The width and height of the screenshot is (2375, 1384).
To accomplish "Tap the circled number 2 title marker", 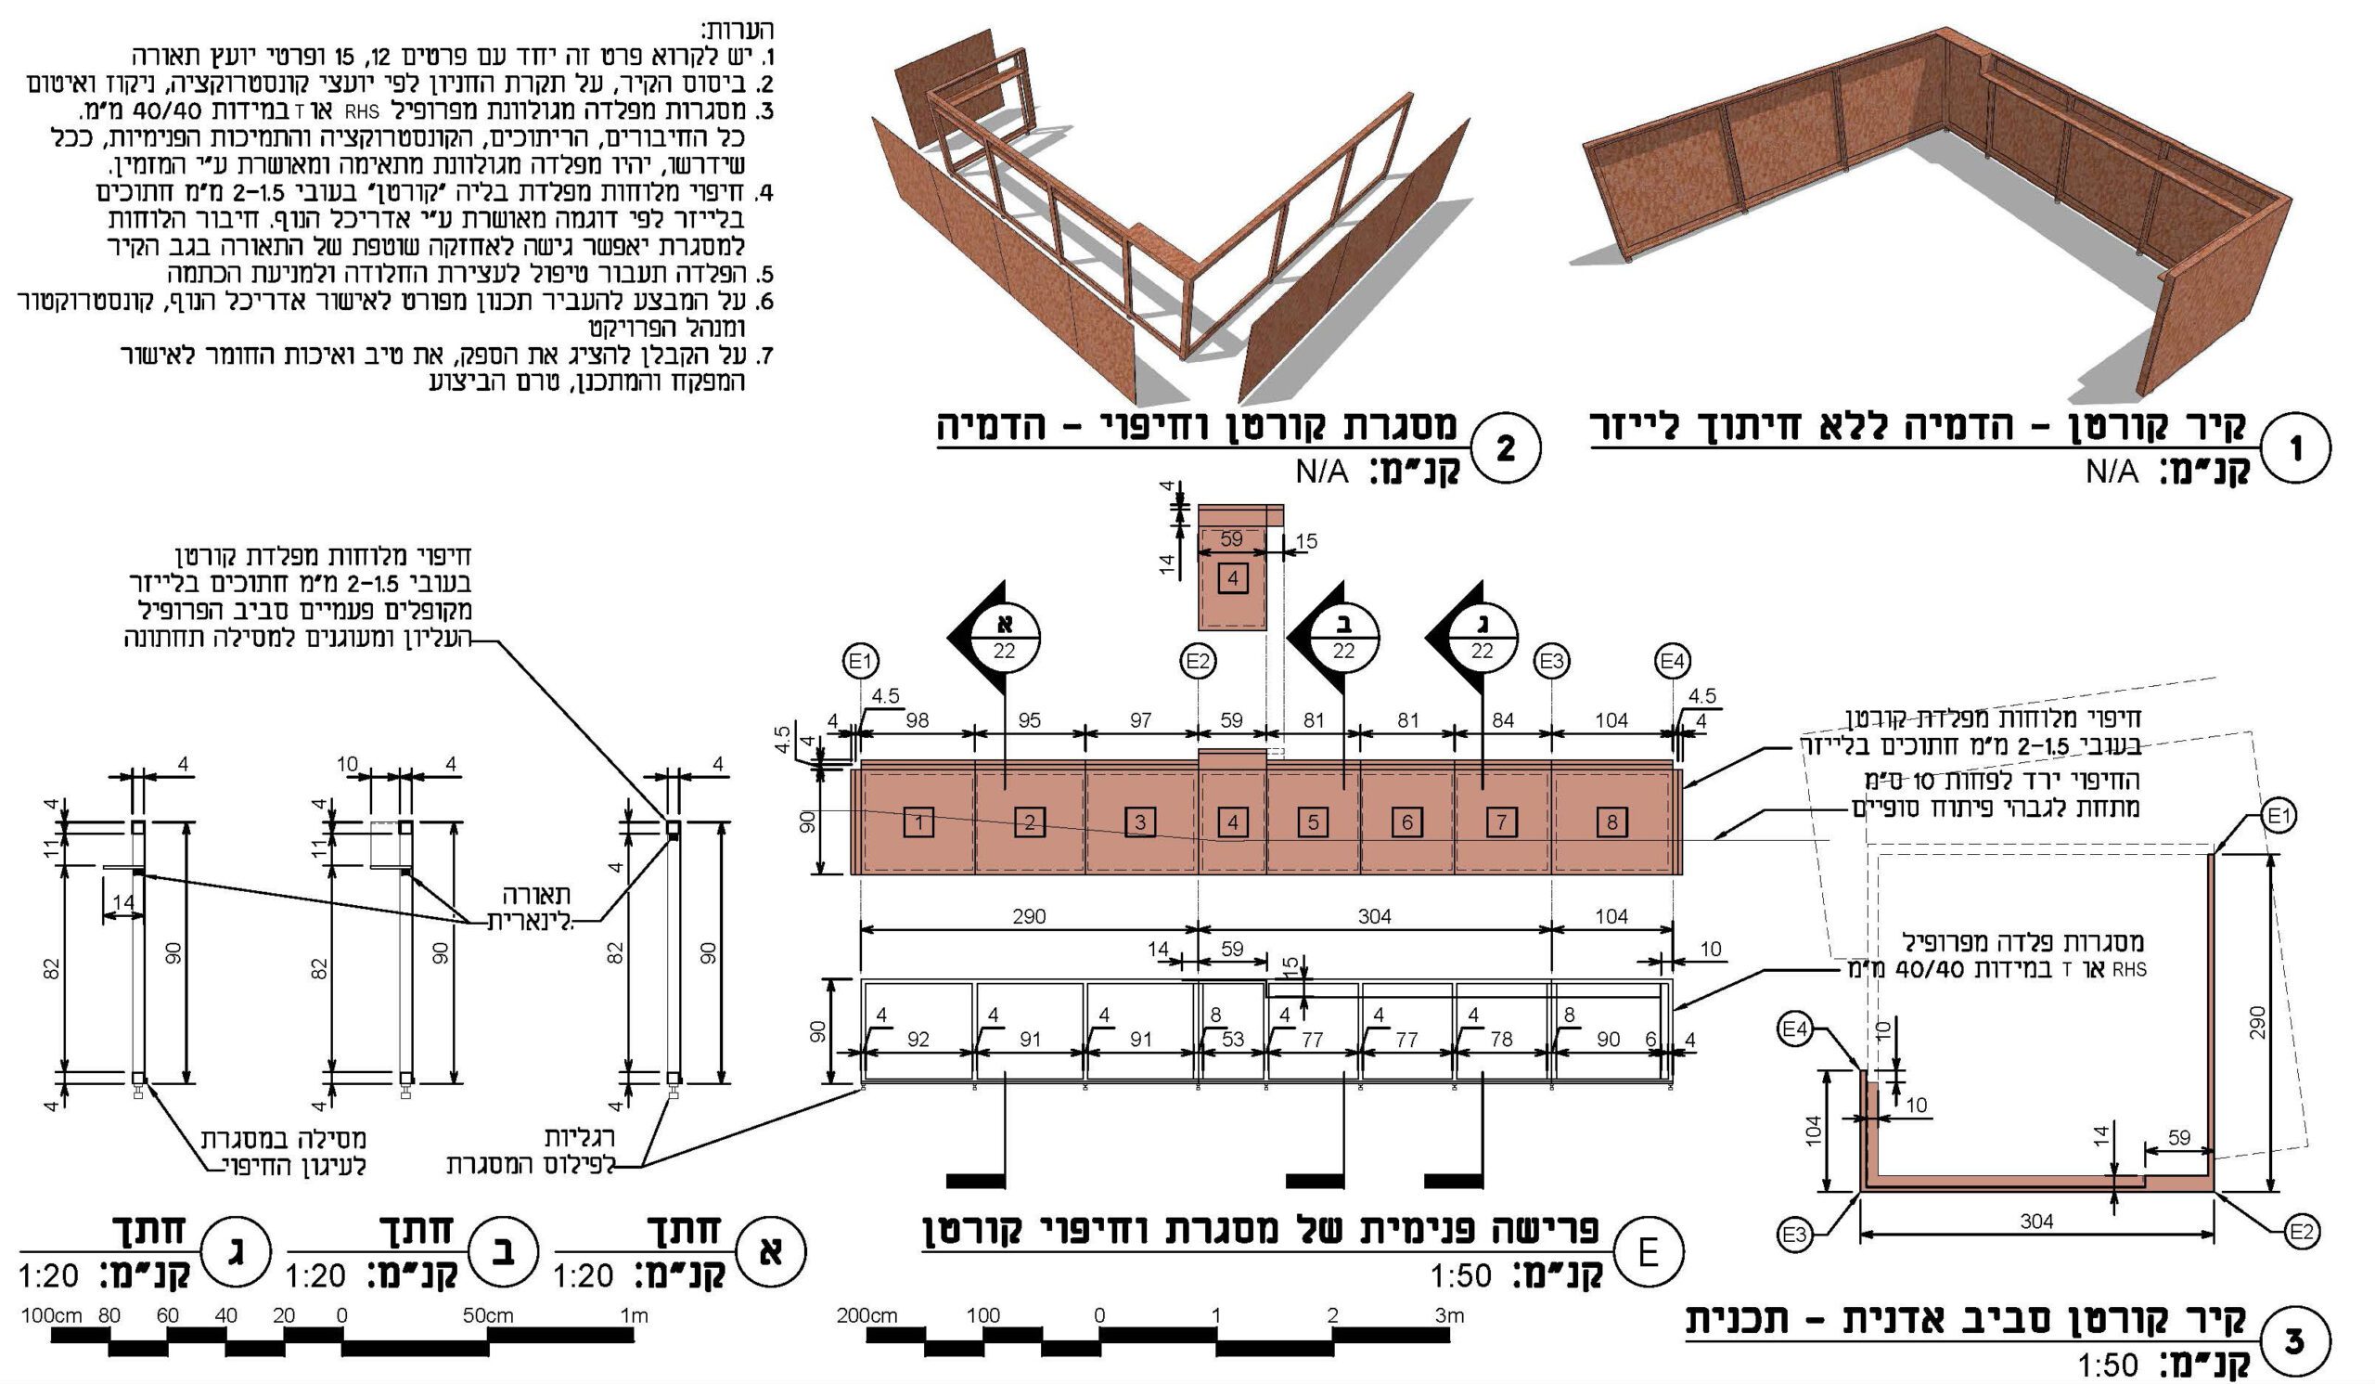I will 1505,448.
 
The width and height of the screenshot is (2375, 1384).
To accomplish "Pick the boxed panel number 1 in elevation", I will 918,822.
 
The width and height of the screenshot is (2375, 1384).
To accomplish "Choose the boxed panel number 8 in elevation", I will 1611,822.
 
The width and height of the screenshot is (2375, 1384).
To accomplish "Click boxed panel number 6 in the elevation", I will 1407,822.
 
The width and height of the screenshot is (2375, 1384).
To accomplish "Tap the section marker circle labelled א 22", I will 1005,637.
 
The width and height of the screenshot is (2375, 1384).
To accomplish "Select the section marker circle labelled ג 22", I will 1483,637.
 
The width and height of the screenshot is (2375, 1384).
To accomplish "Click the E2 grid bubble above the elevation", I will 1198,662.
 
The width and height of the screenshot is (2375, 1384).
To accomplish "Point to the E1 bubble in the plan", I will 2278,816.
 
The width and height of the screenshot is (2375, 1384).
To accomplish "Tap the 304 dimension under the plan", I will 2036,1222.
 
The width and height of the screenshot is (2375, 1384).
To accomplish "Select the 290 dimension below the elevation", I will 1029,916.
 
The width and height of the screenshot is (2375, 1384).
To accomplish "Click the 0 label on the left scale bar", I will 341,1315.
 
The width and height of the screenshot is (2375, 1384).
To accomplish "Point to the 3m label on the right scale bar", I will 1448,1315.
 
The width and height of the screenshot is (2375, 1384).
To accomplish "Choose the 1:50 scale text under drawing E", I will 1462,1277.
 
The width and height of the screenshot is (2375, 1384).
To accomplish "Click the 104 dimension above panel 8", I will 1611,720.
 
